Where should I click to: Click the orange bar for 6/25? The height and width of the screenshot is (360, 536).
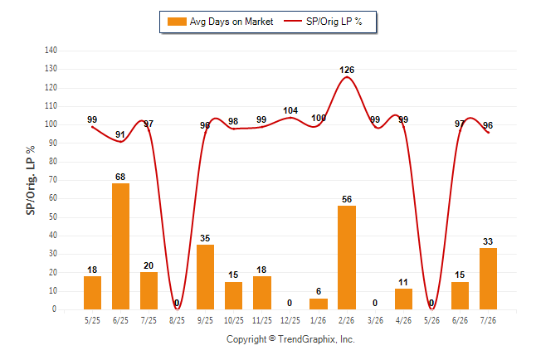tap(120, 246)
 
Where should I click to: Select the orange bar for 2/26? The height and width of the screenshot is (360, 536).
tap(347, 257)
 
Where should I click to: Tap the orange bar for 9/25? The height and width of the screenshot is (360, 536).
tap(205, 277)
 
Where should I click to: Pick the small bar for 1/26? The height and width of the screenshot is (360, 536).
tap(319, 304)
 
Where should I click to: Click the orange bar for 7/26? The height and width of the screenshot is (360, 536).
tap(488, 279)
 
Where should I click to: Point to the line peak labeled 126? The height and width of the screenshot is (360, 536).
tap(347, 77)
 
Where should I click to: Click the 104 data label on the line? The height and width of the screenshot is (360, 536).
tap(290, 110)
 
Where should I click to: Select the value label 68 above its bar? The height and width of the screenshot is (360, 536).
tap(120, 177)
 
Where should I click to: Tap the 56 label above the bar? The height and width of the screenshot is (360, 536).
tap(347, 199)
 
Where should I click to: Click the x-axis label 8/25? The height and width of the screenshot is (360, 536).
tap(177, 320)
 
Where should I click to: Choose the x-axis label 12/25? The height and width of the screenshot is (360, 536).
tap(290, 320)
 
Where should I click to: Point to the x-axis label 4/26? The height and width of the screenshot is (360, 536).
tap(403, 320)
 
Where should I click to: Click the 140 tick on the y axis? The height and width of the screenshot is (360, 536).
tap(51, 51)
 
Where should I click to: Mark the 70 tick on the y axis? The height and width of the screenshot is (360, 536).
tap(52, 180)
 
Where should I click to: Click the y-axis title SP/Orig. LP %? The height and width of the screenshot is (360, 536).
tap(31, 180)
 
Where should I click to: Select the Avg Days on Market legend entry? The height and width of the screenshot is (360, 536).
tap(220, 22)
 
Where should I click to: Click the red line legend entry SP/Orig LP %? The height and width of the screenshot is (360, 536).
tap(323, 22)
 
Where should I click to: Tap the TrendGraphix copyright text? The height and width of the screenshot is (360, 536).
tap(290, 339)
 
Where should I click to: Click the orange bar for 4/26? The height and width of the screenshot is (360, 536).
tap(403, 299)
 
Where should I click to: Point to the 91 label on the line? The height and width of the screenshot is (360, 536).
tap(120, 134)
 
